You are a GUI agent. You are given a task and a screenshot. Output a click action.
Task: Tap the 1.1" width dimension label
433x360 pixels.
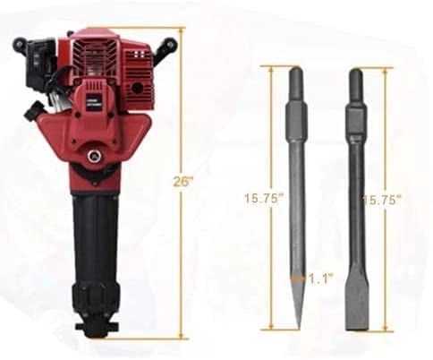(x=318, y=279)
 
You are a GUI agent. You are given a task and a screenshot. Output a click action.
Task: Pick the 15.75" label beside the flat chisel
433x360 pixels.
(x=380, y=198)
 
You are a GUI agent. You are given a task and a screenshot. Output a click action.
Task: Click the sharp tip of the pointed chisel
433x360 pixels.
(x=296, y=324)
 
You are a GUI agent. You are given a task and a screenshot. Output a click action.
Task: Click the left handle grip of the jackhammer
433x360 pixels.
(x=20, y=43)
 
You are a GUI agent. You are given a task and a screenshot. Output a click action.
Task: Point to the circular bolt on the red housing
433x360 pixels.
(x=92, y=158)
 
